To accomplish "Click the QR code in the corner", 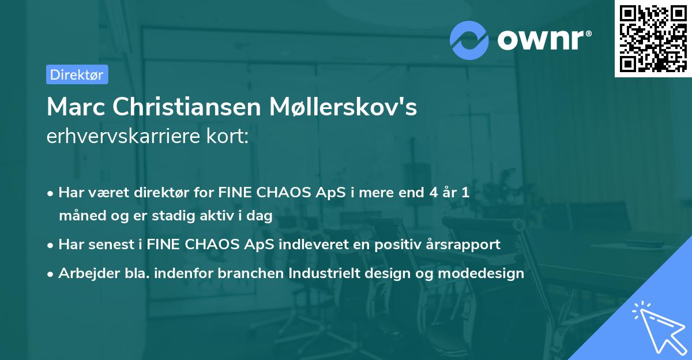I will (x=653, y=39).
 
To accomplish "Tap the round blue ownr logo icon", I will (x=470, y=39).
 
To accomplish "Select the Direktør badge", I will (x=77, y=74).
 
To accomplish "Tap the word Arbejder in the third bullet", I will (x=85, y=273).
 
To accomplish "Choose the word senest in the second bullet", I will (x=111, y=244).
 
